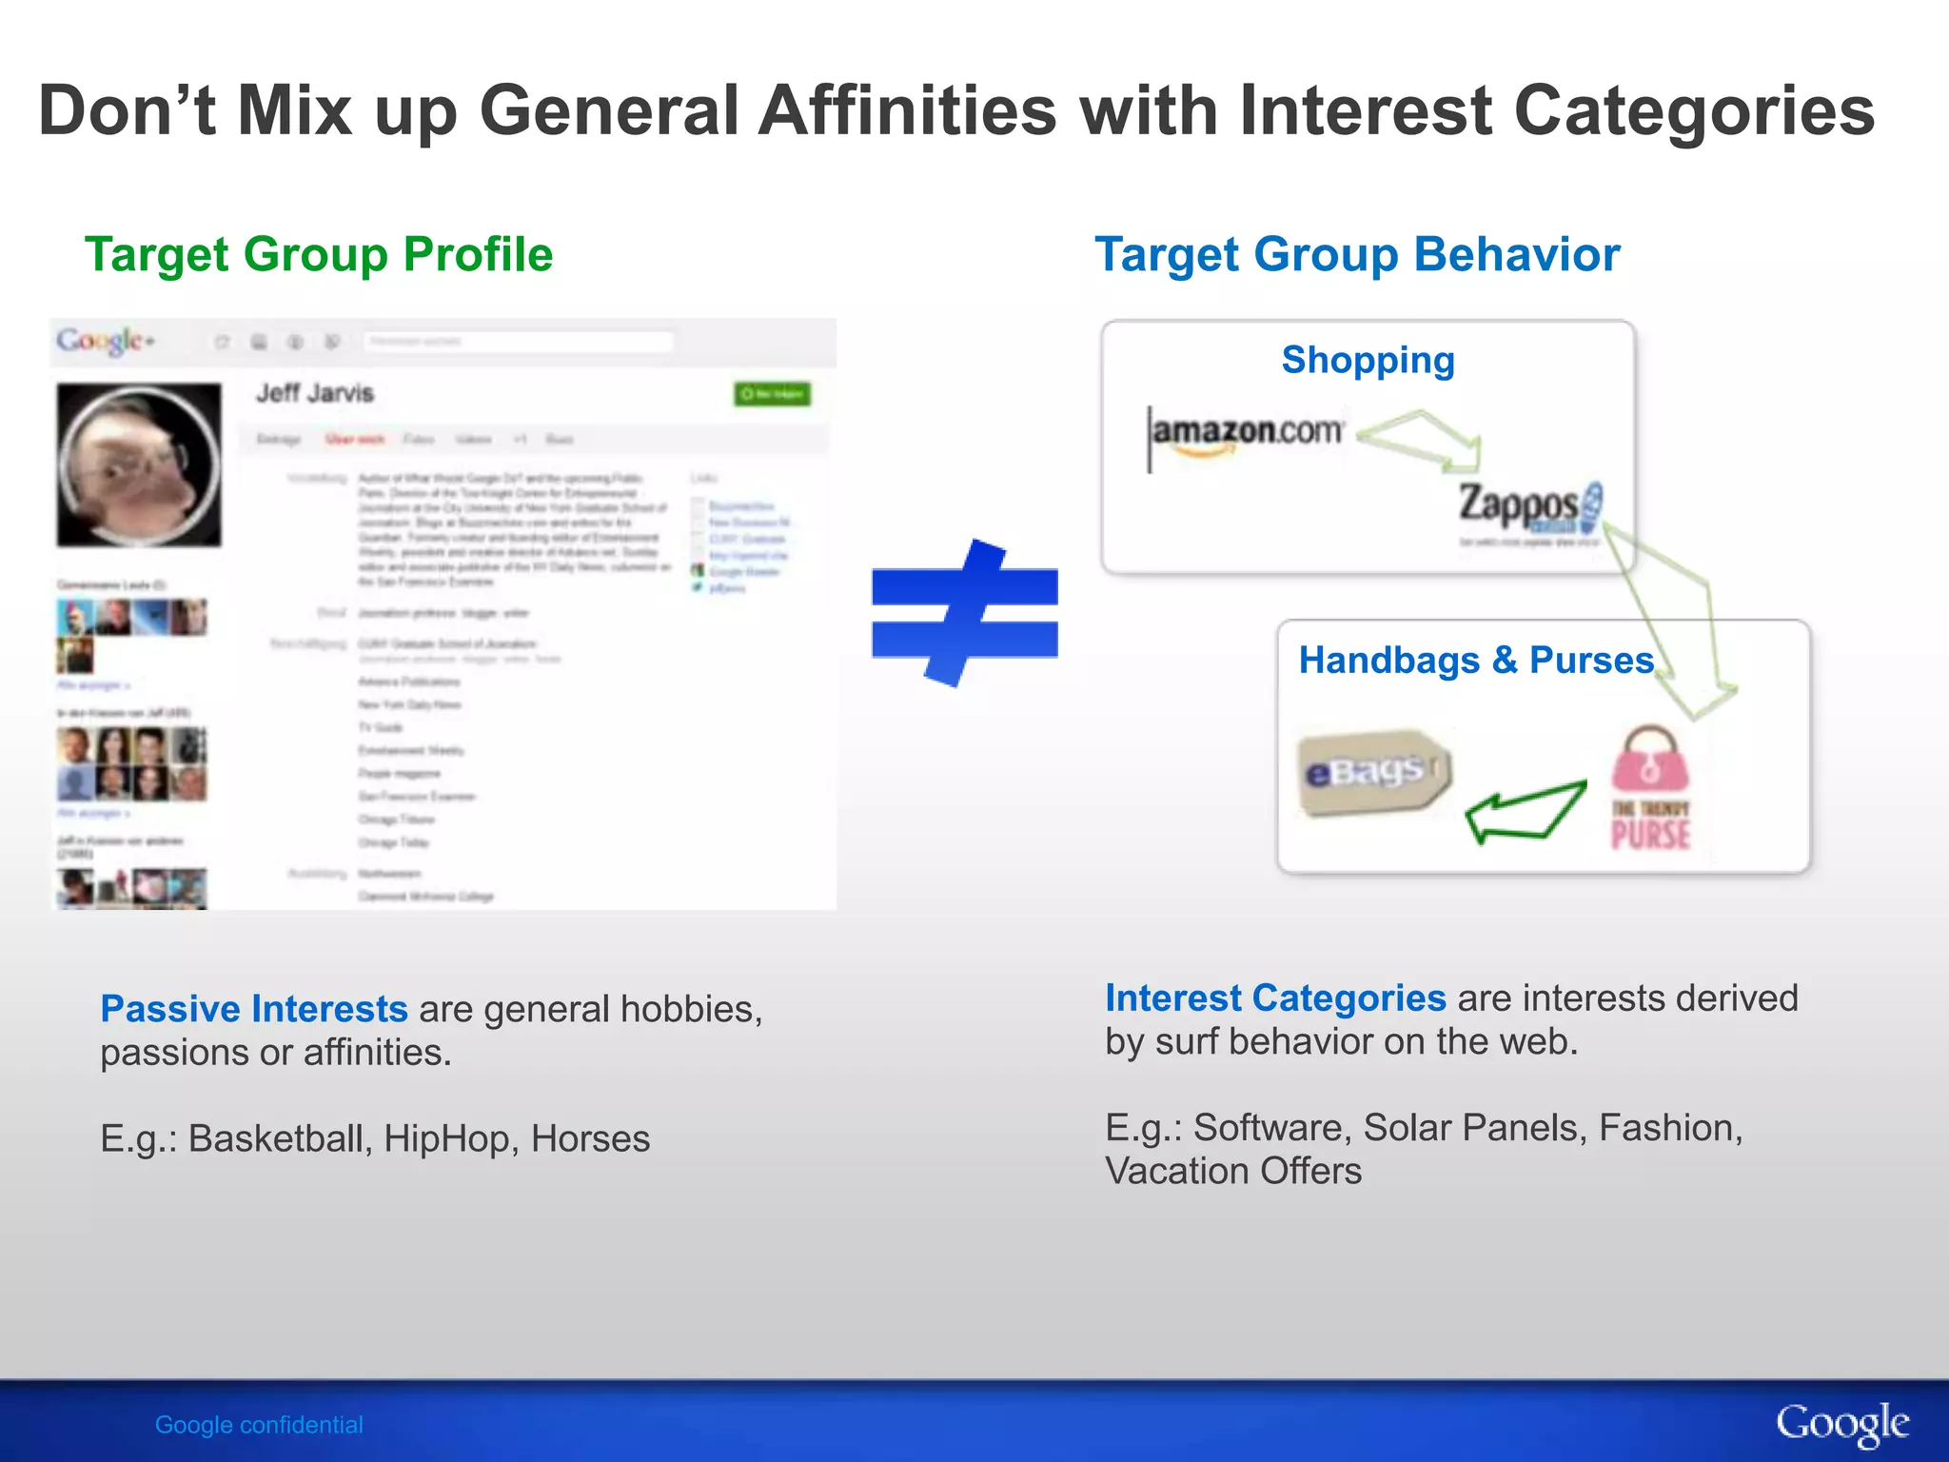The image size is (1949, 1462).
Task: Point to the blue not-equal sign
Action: [x=964, y=613]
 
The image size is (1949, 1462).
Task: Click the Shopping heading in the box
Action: [x=1368, y=361]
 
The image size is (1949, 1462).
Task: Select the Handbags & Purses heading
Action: [x=1476, y=661]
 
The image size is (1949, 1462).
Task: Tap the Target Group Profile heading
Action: [x=319, y=255]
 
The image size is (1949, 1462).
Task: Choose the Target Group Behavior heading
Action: [x=1357, y=255]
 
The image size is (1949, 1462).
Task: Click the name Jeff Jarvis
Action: [x=315, y=393]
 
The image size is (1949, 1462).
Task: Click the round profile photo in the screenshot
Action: [x=139, y=465]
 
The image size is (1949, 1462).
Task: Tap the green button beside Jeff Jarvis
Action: [x=772, y=394]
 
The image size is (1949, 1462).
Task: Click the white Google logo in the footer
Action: [x=1841, y=1424]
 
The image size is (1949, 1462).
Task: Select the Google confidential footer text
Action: [x=259, y=1425]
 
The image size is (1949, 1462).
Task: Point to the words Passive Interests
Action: [x=254, y=1009]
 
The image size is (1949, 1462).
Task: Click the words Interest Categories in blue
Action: [x=1275, y=998]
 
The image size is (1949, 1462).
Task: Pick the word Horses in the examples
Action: [x=590, y=1139]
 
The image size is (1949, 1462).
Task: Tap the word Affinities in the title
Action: [x=907, y=110]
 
